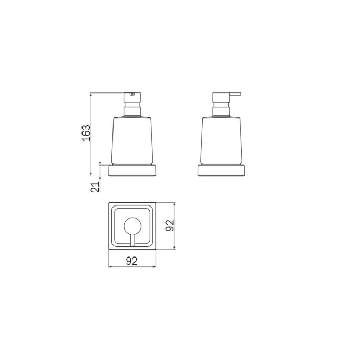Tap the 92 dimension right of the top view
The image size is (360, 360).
(170, 225)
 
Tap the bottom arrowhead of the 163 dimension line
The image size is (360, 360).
(92, 177)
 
